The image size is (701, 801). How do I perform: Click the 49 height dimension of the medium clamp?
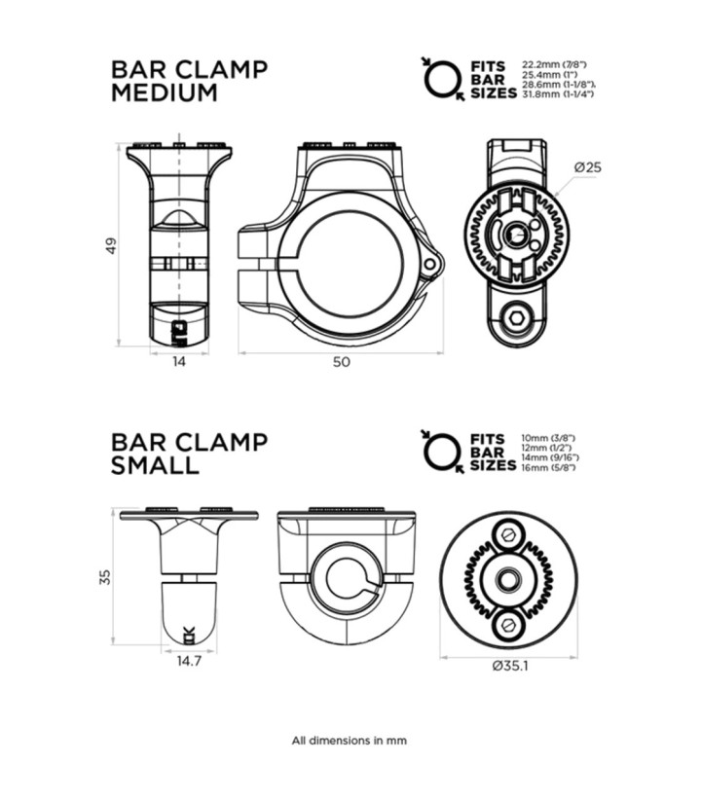pyautogui.click(x=112, y=245)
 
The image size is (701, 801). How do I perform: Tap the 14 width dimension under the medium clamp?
pyautogui.click(x=179, y=362)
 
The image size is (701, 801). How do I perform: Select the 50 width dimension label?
pyautogui.click(x=342, y=362)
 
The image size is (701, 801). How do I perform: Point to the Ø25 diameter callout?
pyautogui.click(x=587, y=167)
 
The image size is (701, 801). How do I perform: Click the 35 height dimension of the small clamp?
pyautogui.click(x=105, y=577)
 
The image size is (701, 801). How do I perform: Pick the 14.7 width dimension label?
pyautogui.click(x=189, y=661)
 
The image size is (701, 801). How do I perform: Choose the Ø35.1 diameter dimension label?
pyautogui.click(x=510, y=666)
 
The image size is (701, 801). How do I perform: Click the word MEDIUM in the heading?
pyautogui.click(x=164, y=93)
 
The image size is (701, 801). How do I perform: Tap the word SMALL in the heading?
pyautogui.click(x=155, y=465)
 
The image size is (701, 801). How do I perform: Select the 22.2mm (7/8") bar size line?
pyautogui.click(x=554, y=65)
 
